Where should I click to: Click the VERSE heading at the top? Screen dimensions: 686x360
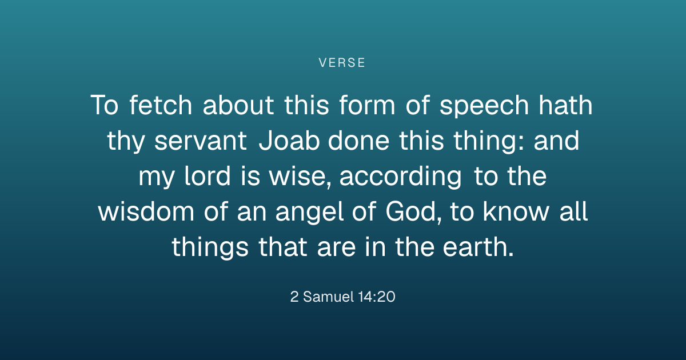(x=342, y=63)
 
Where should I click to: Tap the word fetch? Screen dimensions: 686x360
(x=161, y=105)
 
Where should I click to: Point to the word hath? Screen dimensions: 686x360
(x=565, y=105)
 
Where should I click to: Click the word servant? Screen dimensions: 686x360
(x=201, y=141)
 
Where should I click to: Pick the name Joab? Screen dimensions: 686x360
(x=289, y=141)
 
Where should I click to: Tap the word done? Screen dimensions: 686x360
(x=358, y=141)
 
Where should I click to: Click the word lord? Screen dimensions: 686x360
(x=208, y=176)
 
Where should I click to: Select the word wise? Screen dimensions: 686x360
(x=300, y=177)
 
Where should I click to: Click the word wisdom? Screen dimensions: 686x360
(x=146, y=211)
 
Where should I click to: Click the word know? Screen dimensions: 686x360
(x=516, y=211)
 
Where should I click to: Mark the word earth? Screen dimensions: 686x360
(x=478, y=246)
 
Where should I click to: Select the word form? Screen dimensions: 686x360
(x=367, y=105)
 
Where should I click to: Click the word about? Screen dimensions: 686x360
(x=238, y=105)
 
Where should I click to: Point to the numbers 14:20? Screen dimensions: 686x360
(x=376, y=297)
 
